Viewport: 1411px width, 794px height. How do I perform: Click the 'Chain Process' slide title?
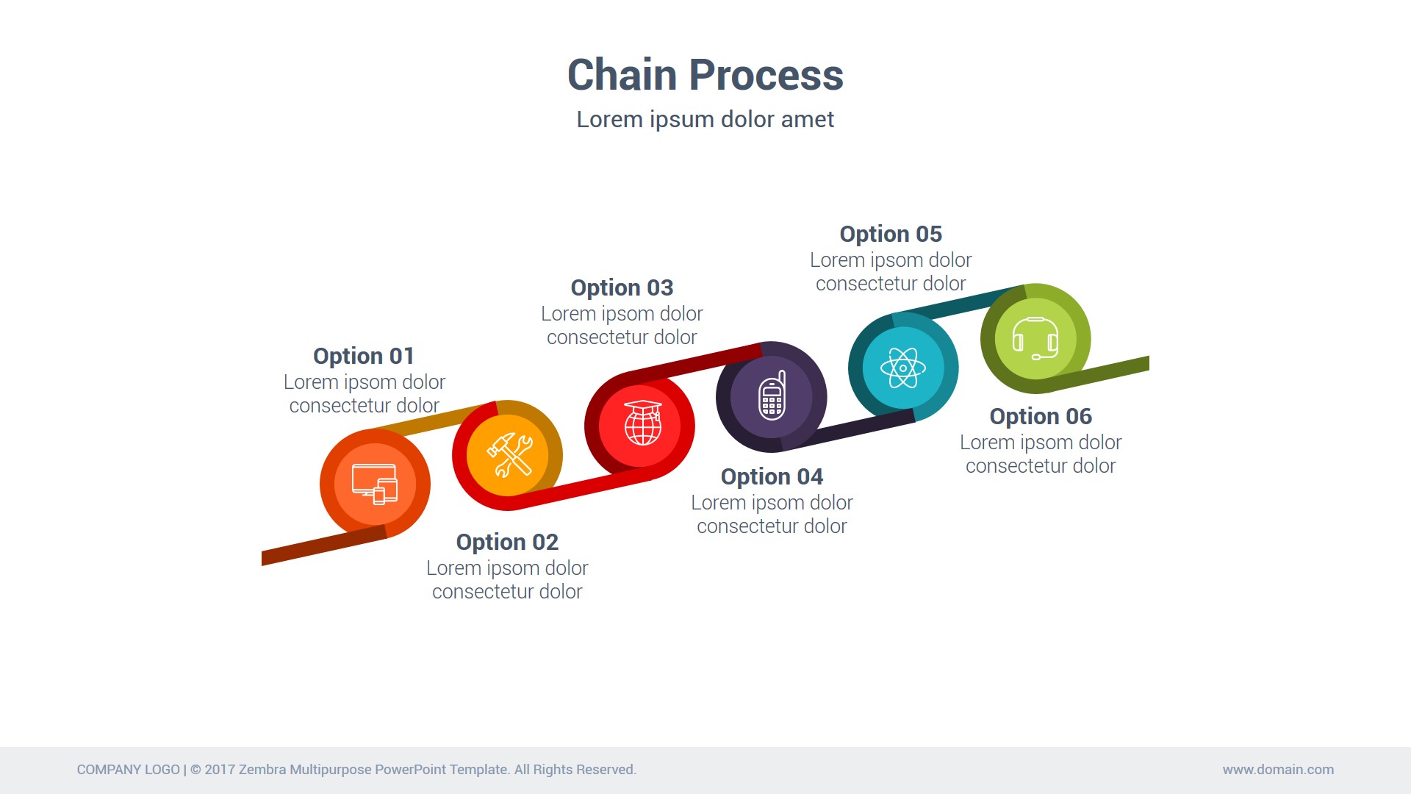click(x=705, y=75)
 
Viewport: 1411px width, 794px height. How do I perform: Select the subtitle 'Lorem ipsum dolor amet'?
click(x=705, y=119)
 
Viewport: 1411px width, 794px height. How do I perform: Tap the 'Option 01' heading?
click(x=364, y=356)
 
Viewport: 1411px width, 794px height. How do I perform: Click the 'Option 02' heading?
click(x=507, y=542)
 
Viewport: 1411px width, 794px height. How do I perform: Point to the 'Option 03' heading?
click(x=622, y=287)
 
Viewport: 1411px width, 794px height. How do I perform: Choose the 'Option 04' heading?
click(x=772, y=476)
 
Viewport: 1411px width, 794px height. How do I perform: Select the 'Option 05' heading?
click(x=891, y=234)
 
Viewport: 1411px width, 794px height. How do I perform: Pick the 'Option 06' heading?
click(x=1041, y=416)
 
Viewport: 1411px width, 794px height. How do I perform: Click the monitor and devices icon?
click(x=375, y=484)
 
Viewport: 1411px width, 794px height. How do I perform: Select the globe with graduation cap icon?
click(x=642, y=423)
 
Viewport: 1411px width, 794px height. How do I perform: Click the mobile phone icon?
click(x=772, y=396)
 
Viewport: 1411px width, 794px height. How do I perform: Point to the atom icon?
click(x=903, y=368)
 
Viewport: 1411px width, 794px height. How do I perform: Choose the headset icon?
click(x=1035, y=338)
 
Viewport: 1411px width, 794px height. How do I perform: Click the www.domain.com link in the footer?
click(x=1278, y=770)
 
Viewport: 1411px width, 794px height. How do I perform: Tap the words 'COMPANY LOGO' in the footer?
click(x=128, y=770)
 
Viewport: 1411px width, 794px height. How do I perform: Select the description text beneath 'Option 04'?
click(x=772, y=515)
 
